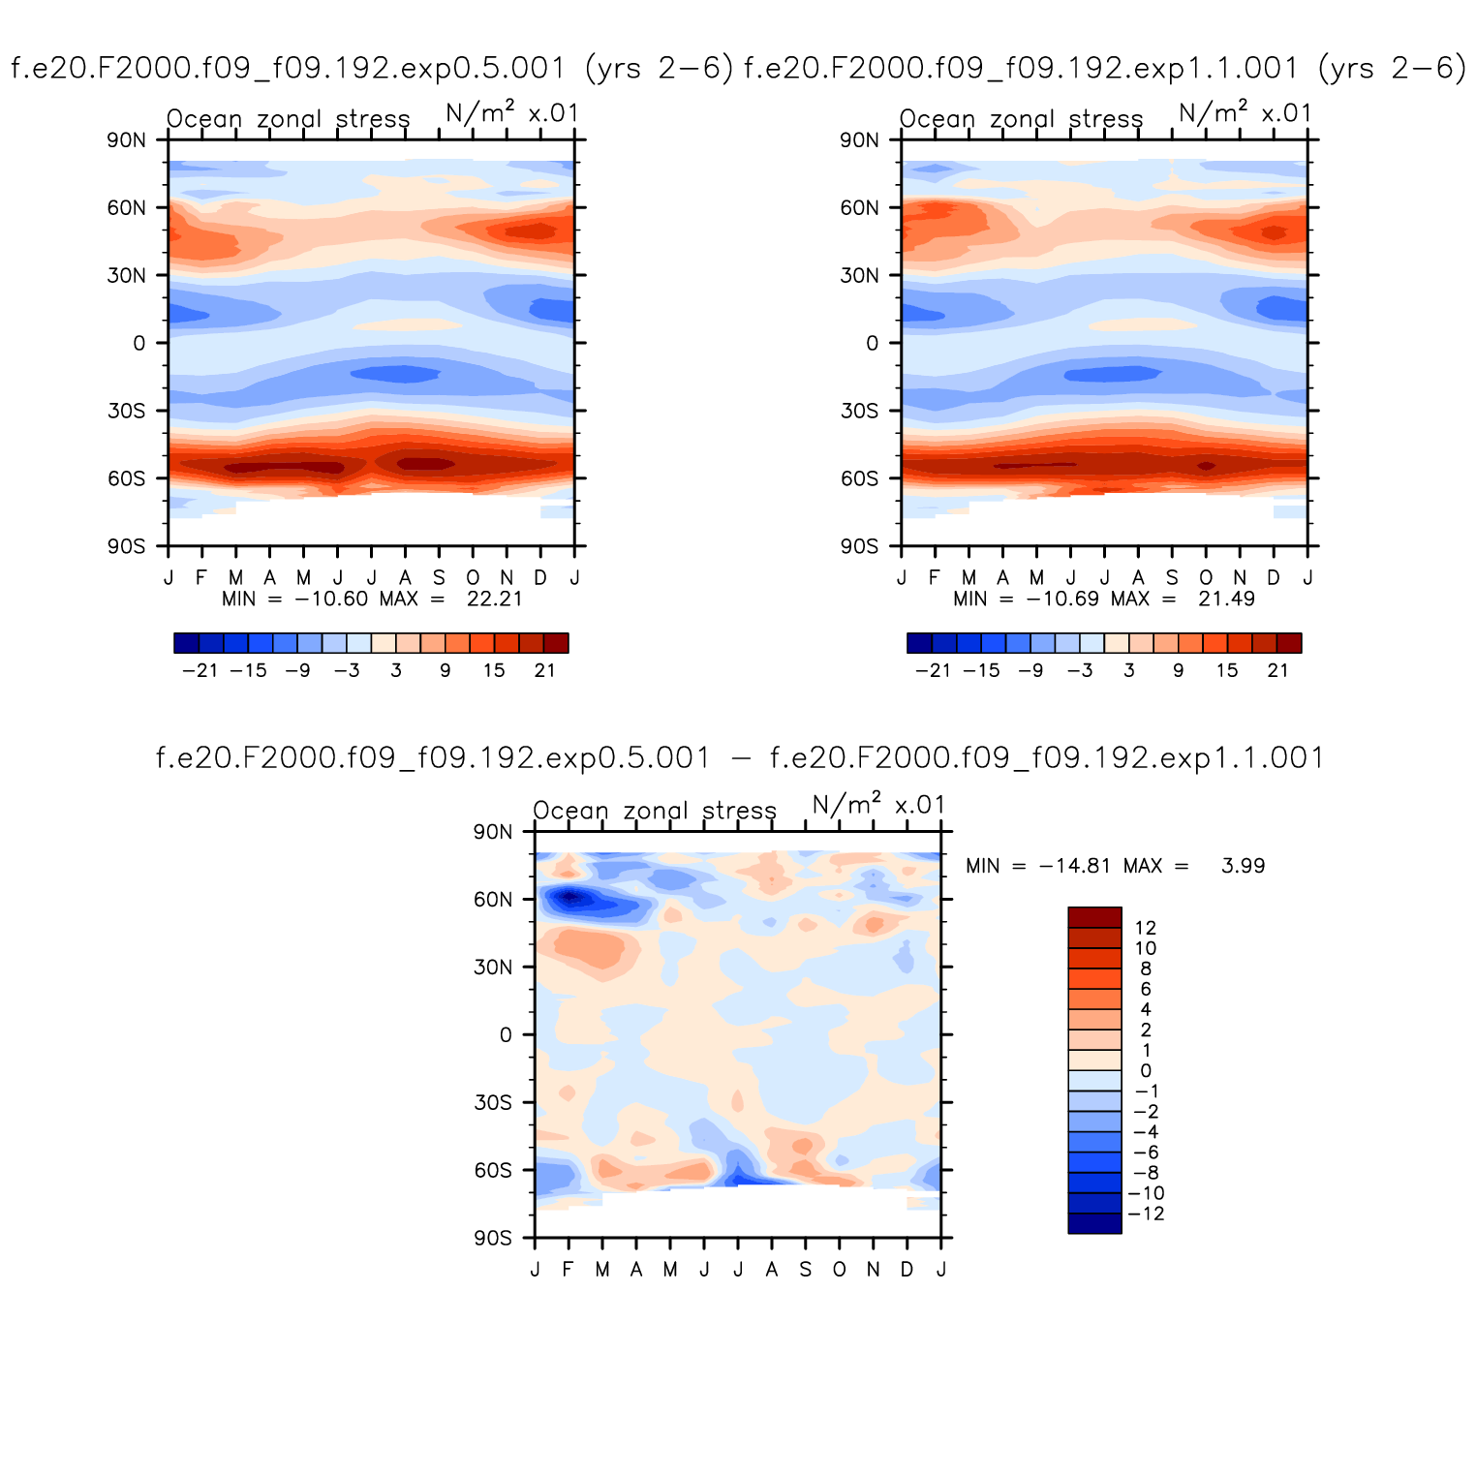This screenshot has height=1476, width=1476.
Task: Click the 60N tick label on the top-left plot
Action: pyautogui.click(x=127, y=207)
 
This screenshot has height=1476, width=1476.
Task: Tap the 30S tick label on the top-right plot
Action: pyautogui.click(x=859, y=411)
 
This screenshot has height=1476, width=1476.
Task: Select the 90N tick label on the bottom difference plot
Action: pyautogui.click(x=493, y=832)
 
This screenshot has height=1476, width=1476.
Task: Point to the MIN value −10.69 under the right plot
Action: pyautogui.click(x=1062, y=599)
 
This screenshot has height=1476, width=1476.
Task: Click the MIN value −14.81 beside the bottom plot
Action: pyautogui.click(x=1075, y=866)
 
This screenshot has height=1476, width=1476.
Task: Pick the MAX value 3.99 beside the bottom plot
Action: pyautogui.click(x=1243, y=866)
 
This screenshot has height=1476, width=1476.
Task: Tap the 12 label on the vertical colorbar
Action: pyautogui.click(x=1146, y=928)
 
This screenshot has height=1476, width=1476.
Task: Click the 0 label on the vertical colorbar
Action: pyautogui.click(x=1146, y=1071)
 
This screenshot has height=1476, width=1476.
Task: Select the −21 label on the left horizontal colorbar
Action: pyautogui.click(x=200, y=670)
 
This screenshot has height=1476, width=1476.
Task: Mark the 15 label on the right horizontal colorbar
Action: pyautogui.click(x=1227, y=670)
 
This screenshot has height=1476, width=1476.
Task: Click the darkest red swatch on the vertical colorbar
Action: pyautogui.click(x=1094, y=917)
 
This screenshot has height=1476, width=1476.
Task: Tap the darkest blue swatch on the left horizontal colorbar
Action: pyautogui.click(x=186, y=643)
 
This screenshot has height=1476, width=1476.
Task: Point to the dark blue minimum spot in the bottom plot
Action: pyautogui.click(x=569, y=897)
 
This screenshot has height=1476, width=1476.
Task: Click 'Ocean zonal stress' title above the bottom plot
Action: pyautogui.click(x=655, y=811)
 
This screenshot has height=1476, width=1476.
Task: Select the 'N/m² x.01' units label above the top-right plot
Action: pyautogui.click(x=1245, y=114)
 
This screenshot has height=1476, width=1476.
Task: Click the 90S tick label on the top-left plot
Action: pyautogui.click(x=127, y=546)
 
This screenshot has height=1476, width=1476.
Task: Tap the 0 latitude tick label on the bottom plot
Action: pyautogui.click(x=505, y=1035)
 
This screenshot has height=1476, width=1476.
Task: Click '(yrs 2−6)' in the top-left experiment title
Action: pyautogui.click(x=660, y=68)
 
